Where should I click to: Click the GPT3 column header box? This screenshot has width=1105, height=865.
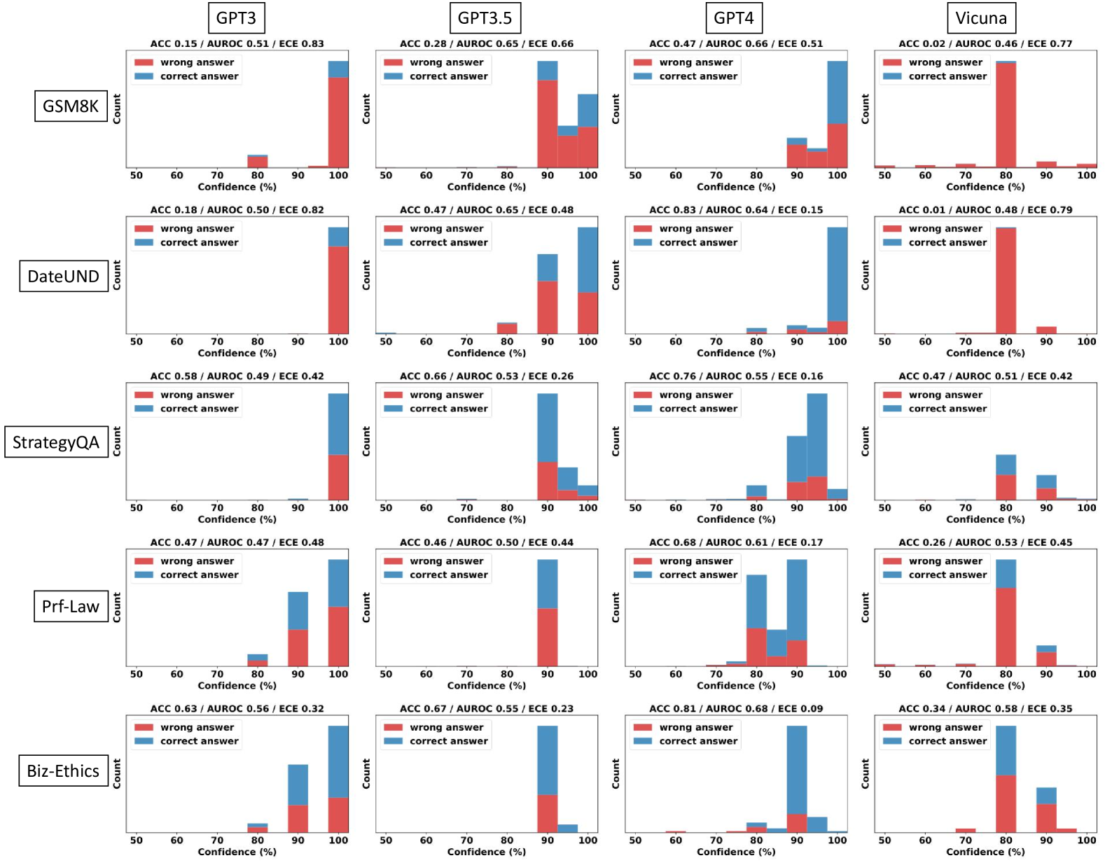click(x=236, y=18)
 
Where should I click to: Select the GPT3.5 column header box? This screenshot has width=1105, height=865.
click(x=485, y=18)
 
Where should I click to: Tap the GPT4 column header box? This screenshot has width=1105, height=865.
click(x=733, y=18)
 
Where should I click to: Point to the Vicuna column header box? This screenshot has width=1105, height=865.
click(x=981, y=18)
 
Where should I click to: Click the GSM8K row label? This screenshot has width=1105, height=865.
click(x=71, y=106)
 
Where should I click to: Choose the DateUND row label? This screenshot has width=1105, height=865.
click(x=63, y=276)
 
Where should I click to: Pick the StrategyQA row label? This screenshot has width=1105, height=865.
click(x=56, y=442)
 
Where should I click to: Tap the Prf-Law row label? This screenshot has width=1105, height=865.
click(x=71, y=606)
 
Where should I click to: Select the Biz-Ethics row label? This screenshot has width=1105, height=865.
click(x=63, y=771)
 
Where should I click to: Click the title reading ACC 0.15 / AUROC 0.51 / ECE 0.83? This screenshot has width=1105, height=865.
click(x=237, y=43)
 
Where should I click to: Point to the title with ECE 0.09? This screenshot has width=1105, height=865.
click(x=736, y=708)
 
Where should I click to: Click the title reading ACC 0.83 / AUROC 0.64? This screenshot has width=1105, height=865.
click(x=736, y=210)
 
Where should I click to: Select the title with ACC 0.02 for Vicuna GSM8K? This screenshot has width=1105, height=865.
click(x=985, y=43)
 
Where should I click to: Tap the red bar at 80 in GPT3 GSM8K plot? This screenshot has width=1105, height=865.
click(x=258, y=162)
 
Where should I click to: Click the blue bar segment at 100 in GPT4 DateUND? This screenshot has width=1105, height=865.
click(x=837, y=274)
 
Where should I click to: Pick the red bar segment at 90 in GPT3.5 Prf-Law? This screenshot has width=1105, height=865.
click(x=548, y=637)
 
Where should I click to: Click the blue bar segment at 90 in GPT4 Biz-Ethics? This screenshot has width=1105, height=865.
click(x=796, y=770)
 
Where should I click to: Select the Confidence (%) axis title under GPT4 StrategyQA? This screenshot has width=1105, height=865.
click(x=736, y=519)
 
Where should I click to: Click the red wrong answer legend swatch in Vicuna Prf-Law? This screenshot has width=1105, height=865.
click(x=892, y=561)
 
